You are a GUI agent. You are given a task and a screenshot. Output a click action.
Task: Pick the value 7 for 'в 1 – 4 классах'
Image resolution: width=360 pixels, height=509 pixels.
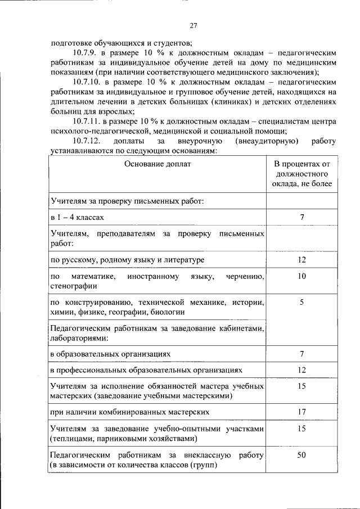coord(301,217)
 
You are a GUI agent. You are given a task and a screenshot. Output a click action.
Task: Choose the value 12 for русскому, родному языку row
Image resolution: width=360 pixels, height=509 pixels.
coord(301,260)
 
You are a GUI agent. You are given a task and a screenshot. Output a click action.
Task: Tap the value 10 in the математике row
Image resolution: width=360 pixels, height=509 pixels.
coord(301,277)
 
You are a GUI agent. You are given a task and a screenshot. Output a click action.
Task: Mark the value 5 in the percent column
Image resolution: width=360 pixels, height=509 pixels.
coord(301,303)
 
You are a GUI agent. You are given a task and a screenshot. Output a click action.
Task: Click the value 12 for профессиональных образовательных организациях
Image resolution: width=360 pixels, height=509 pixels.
coord(301,370)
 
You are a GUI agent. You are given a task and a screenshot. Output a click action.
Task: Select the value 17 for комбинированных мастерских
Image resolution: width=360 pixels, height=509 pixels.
coord(301,412)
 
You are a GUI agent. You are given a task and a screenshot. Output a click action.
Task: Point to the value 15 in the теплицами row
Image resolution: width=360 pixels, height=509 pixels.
coord(301,429)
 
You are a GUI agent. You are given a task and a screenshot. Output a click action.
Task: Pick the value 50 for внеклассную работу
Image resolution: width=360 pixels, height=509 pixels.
coord(301,454)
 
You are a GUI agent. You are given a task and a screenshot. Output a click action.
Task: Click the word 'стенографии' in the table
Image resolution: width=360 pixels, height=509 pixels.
coord(70,286)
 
